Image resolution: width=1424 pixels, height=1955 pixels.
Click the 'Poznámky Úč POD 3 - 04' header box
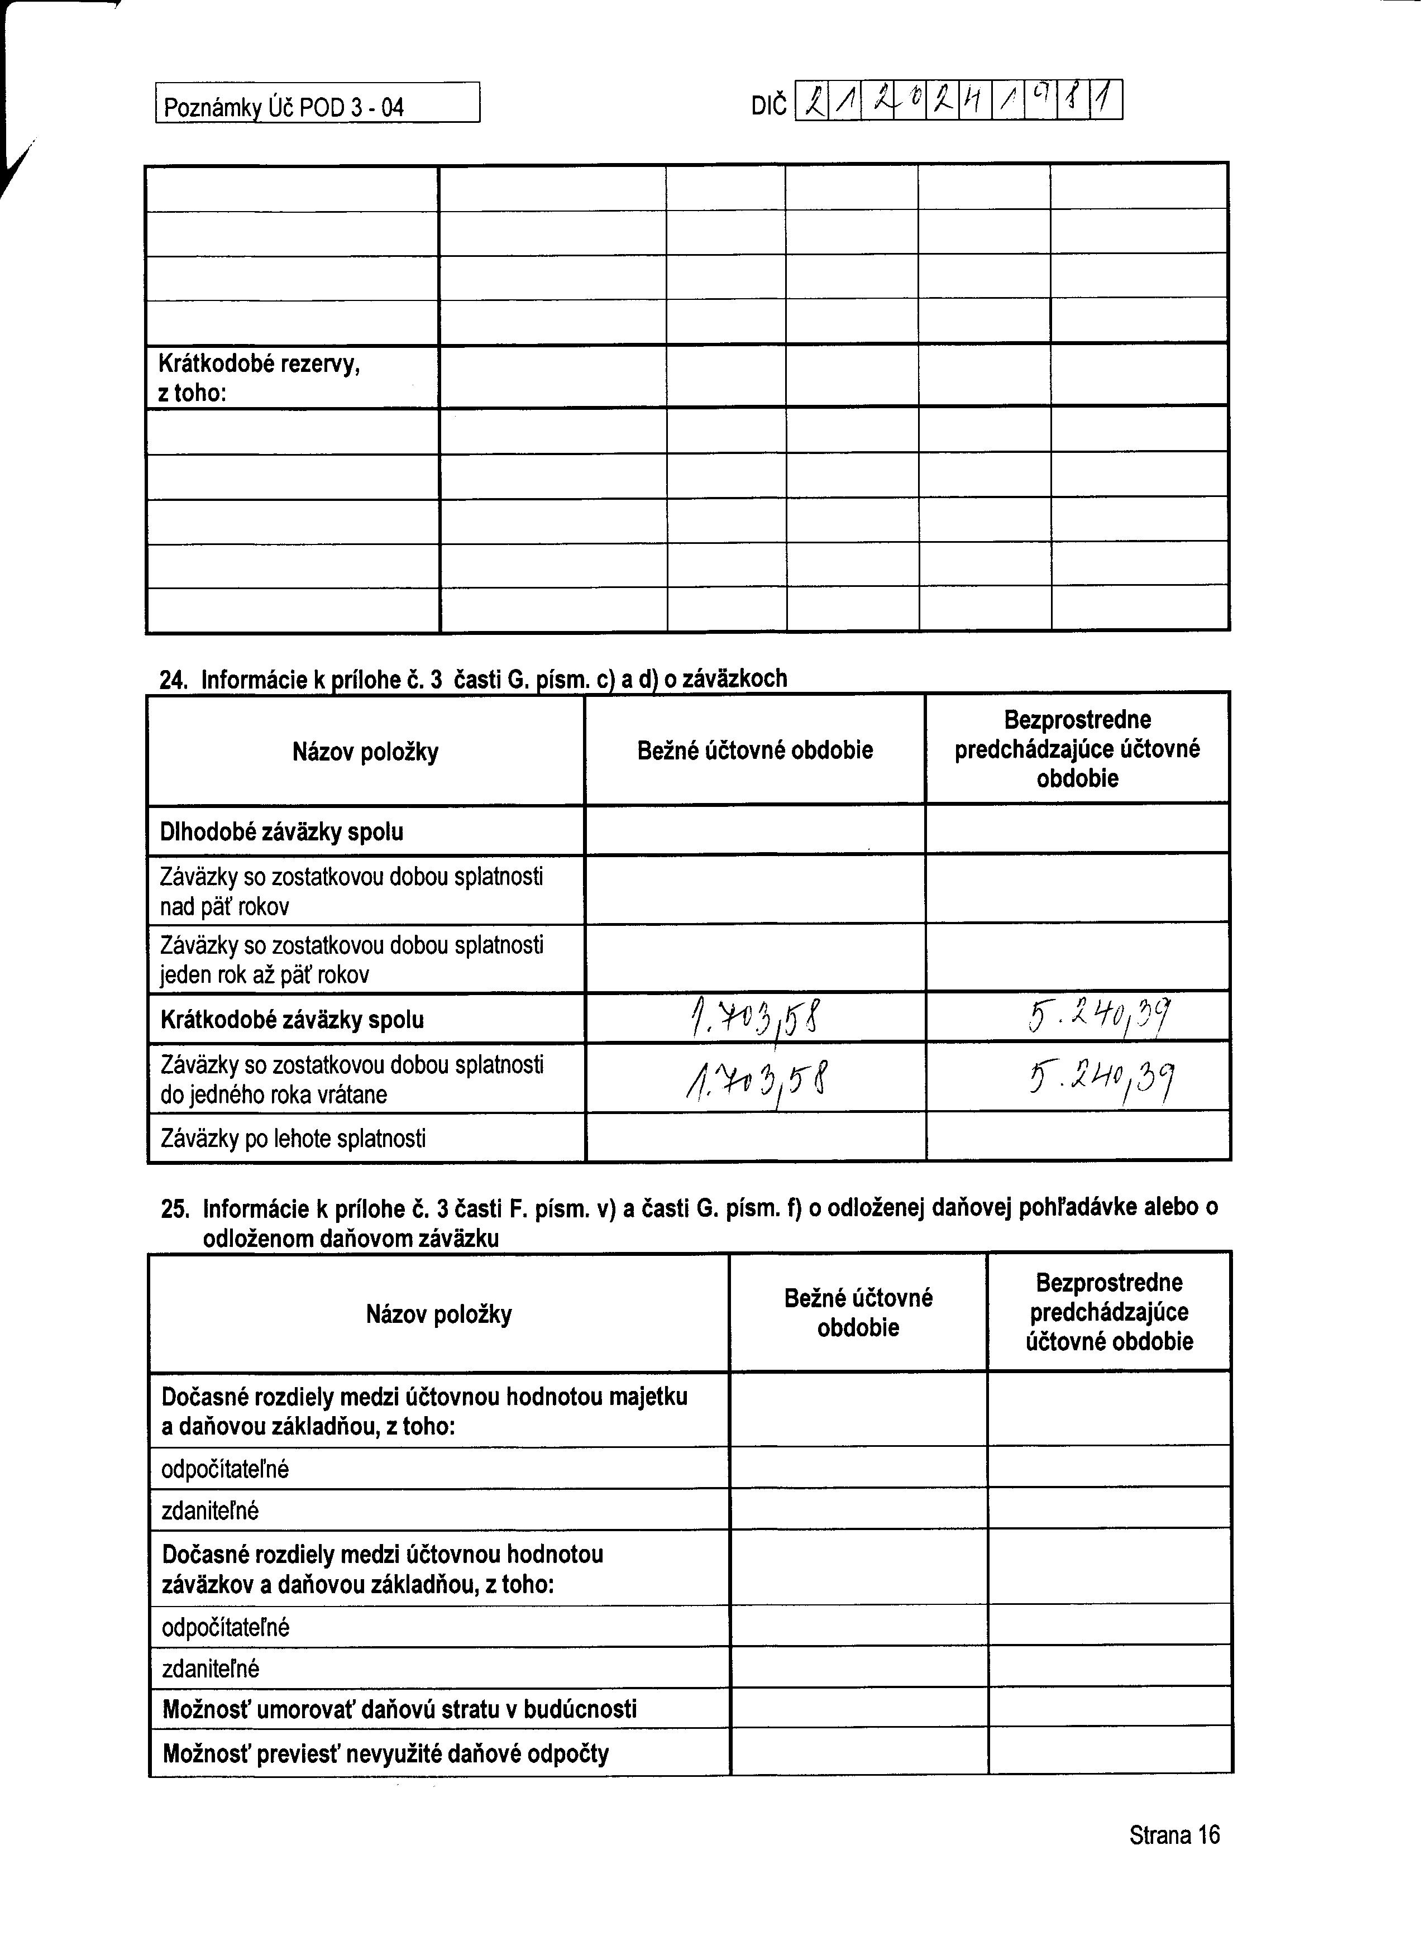click(317, 103)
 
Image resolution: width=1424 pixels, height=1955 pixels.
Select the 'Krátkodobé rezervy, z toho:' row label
click(259, 379)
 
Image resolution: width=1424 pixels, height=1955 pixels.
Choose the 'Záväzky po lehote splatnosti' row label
click(293, 1140)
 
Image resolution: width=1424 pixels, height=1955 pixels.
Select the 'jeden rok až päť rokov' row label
click(352, 960)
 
